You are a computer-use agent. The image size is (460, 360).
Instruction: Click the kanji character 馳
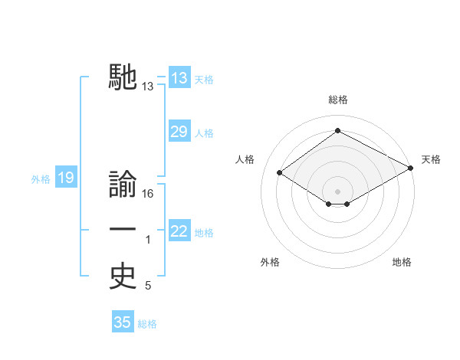[x=123, y=77]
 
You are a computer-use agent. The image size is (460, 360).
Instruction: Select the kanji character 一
[x=123, y=231]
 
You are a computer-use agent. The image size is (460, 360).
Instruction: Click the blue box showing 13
[x=179, y=78]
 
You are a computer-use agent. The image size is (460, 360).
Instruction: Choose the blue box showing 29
[x=179, y=132]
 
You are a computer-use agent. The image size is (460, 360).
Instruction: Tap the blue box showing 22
[x=179, y=231]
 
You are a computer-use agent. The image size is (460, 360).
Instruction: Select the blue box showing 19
[x=66, y=178]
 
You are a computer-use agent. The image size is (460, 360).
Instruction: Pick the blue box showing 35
[x=123, y=322]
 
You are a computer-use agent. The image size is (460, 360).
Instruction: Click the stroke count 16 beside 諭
[x=148, y=194]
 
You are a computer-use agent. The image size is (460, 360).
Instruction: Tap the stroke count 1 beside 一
[x=148, y=241]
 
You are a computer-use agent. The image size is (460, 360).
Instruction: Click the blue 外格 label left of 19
[x=41, y=179]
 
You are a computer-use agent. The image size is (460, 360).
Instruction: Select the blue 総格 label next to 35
[x=147, y=324]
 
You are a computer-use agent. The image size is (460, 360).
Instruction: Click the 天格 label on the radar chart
[x=431, y=159]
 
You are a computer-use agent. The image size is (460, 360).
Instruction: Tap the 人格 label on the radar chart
[x=245, y=159]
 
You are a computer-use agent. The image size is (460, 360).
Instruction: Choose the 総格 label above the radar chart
[x=337, y=100]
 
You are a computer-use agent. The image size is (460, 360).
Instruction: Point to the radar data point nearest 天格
[x=412, y=169]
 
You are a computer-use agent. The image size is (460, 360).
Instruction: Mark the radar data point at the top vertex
[x=337, y=131]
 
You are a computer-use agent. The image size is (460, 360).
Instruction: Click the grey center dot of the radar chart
[x=337, y=190]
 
